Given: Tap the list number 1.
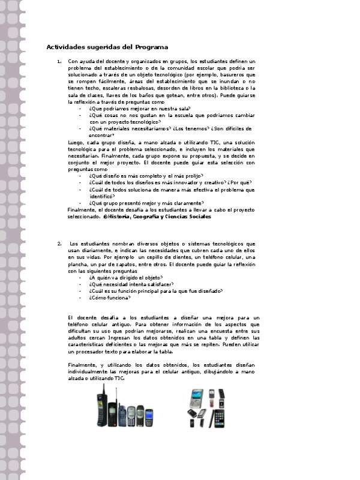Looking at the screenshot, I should coord(59,62).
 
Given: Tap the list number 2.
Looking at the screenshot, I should coord(59,244).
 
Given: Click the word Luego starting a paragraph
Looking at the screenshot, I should coord(76,142).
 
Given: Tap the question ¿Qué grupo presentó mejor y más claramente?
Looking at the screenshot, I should coord(146,203).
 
